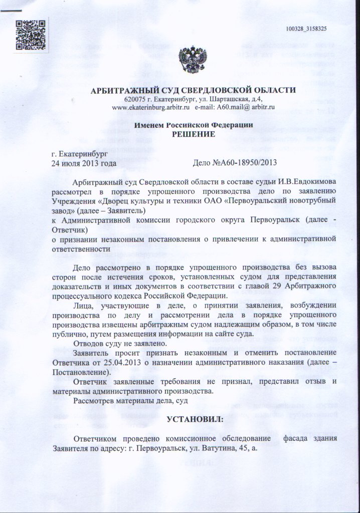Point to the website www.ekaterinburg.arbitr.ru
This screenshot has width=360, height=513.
tap(150, 107)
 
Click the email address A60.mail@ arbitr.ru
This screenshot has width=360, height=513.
tap(244, 107)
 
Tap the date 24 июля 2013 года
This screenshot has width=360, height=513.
tap(84, 163)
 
